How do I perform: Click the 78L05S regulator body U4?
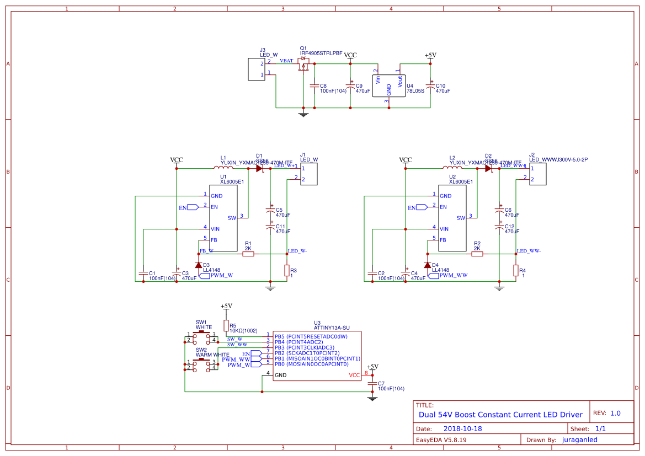click(x=388, y=86)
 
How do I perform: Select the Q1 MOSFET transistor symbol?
click(x=303, y=66)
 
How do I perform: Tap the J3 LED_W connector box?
click(x=255, y=69)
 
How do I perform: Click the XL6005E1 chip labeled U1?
click(x=223, y=218)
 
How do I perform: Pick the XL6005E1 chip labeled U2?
click(x=452, y=218)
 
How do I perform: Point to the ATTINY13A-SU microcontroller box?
click(x=313, y=356)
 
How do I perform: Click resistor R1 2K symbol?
click(x=248, y=254)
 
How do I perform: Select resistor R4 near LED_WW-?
click(x=515, y=270)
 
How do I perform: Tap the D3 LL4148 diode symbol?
click(x=198, y=265)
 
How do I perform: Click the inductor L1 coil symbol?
click(x=223, y=168)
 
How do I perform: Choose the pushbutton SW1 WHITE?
click(x=201, y=336)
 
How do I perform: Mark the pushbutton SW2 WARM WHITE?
click(x=201, y=364)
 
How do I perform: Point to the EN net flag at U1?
click(x=191, y=207)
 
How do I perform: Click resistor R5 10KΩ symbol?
click(x=226, y=325)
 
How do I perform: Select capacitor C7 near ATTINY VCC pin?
click(x=372, y=383)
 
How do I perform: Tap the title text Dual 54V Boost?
click(x=500, y=415)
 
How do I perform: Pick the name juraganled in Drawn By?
click(x=579, y=439)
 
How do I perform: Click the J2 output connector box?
click(x=537, y=174)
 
